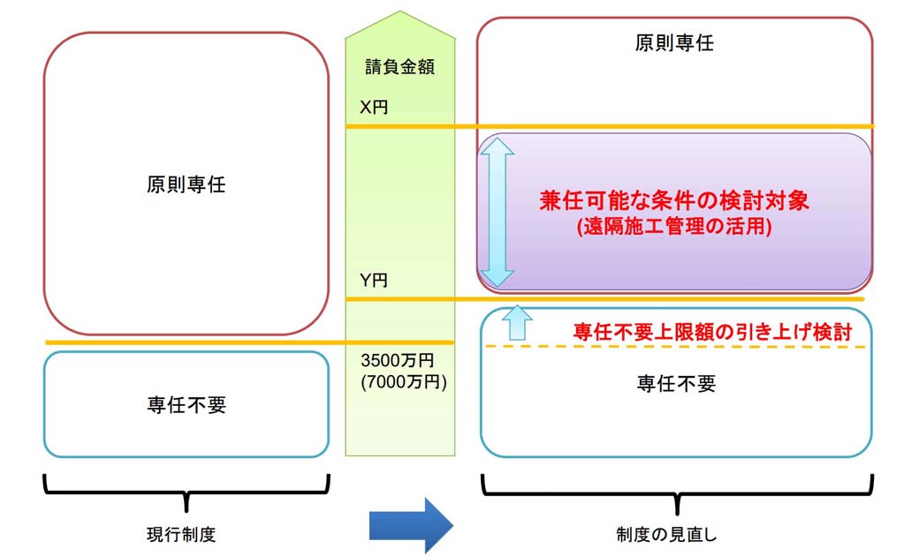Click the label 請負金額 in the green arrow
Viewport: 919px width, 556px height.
point(399,67)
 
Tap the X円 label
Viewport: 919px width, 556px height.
point(373,107)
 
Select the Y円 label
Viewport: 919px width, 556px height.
point(373,281)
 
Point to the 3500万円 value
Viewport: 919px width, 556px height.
point(398,360)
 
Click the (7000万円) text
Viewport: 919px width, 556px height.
point(404,382)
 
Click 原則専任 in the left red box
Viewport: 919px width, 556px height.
point(186,184)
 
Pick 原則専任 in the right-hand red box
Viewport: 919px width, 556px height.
point(674,42)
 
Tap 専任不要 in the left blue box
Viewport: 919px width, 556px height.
point(186,404)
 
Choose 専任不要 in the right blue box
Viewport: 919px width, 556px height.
point(676,383)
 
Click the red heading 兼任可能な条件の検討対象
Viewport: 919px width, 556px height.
point(674,200)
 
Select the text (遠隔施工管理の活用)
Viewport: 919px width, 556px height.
point(674,226)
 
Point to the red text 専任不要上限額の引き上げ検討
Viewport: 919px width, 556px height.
point(712,332)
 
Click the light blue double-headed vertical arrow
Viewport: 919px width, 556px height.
point(497,212)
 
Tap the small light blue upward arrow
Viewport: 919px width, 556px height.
point(517,322)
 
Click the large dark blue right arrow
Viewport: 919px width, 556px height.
point(411,526)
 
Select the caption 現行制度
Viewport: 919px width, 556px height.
point(181,534)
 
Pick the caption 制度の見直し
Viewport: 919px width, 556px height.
point(666,534)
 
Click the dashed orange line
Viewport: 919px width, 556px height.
point(675,347)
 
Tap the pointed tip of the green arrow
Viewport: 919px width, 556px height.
point(400,11)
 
